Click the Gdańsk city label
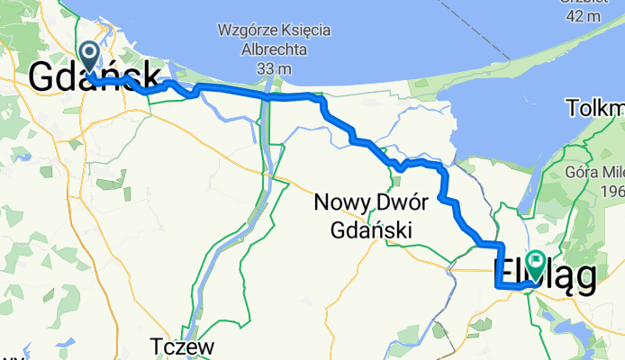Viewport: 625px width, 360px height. [95, 77]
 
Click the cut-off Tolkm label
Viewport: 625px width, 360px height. [595, 109]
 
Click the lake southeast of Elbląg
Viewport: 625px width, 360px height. [576, 325]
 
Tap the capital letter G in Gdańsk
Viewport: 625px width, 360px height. [44, 77]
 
